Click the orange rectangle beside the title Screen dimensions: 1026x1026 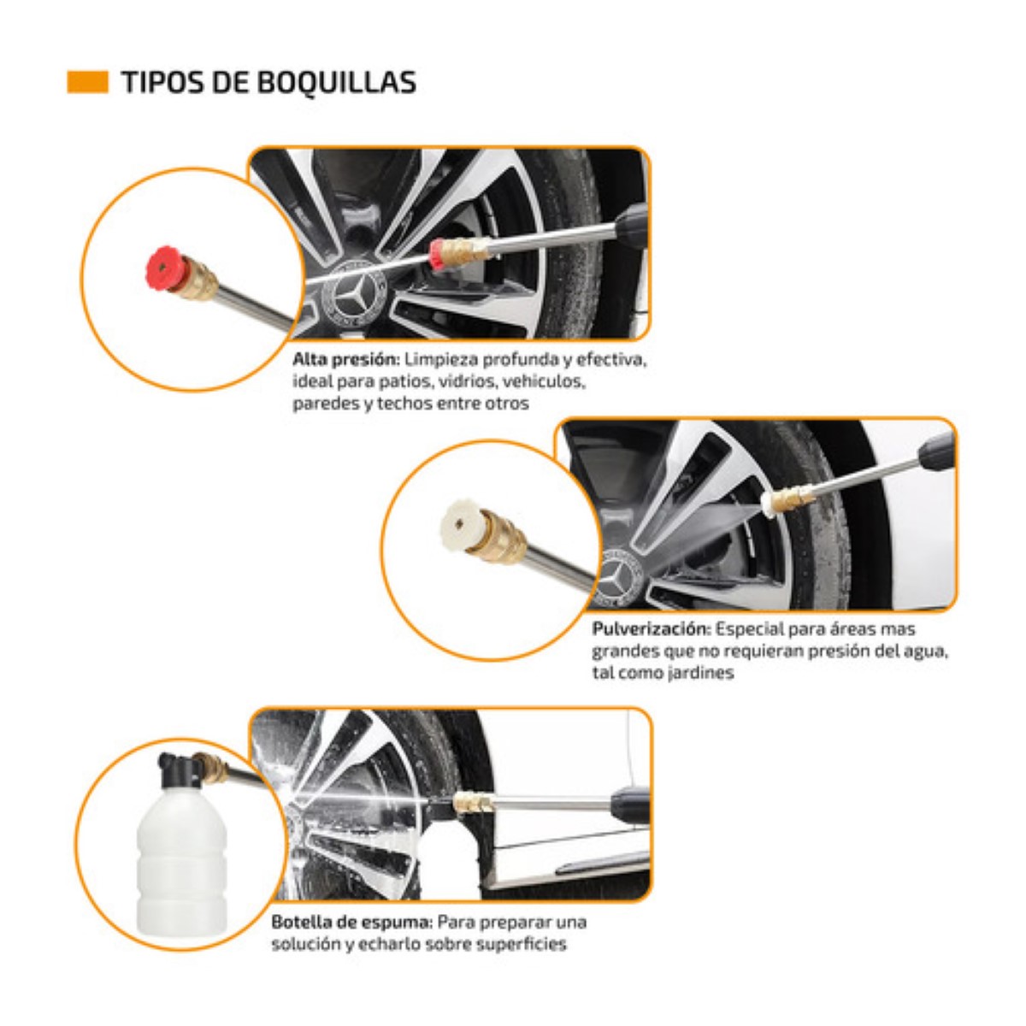[87, 82]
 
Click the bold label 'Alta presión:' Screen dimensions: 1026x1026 [345, 359]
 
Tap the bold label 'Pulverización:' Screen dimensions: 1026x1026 [651, 629]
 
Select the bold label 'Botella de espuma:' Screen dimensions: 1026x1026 [352, 923]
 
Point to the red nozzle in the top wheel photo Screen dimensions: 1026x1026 [437, 254]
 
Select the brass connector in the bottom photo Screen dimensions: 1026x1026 [472, 803]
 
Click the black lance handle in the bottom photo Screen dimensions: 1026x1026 [629, 804]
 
